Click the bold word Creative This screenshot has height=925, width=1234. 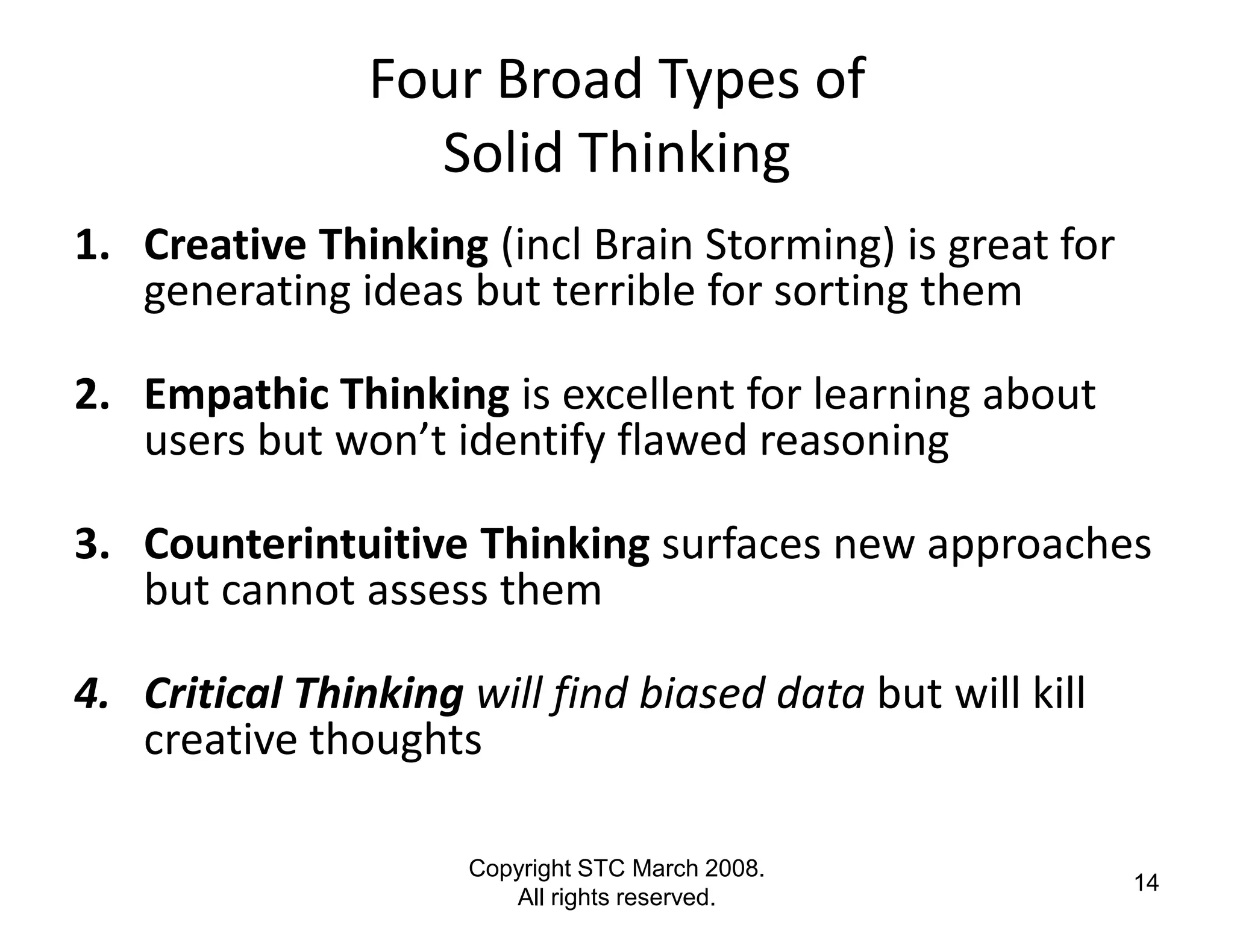pos(224,246)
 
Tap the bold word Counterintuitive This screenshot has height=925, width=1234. pos(305,544)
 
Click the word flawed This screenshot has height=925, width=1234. pos(683,441)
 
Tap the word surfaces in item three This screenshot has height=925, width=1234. pos(742,544)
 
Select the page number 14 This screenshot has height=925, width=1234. pos(1146,883)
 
